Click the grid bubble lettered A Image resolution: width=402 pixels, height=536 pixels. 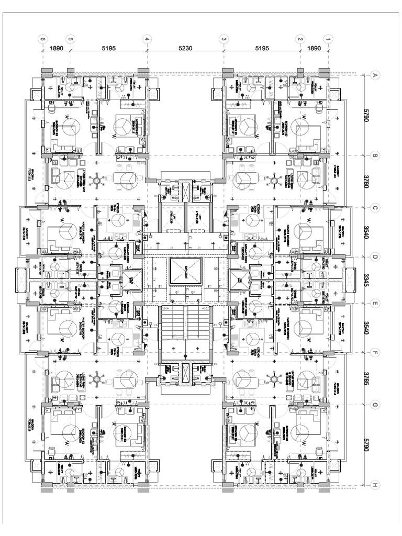[375, 76]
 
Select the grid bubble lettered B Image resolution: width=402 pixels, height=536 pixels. [375, 155]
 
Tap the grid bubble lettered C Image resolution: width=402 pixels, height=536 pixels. [375, 207]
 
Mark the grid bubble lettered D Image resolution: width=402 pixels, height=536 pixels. [375, 256]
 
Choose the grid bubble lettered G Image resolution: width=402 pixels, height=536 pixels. [375, 405]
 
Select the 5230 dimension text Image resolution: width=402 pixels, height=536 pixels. [185, 47]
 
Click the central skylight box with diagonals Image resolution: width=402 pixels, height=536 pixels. [185, 271]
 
